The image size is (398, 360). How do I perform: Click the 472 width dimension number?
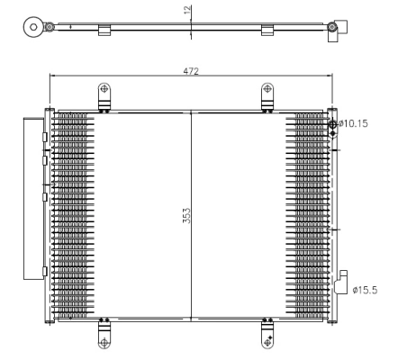point(190,70)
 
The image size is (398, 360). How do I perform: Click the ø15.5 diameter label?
point(365,290)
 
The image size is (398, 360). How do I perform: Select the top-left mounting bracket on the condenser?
point(104,95)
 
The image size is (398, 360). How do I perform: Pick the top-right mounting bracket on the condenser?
point(267,95)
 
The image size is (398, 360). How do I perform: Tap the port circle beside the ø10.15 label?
point(332,124)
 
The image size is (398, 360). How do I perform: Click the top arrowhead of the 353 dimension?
point(192,112)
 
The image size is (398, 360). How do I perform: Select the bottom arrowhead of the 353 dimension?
point(192,319)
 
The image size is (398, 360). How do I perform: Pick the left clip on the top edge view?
point(104,31)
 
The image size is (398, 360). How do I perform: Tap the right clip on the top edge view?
point(267,31)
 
